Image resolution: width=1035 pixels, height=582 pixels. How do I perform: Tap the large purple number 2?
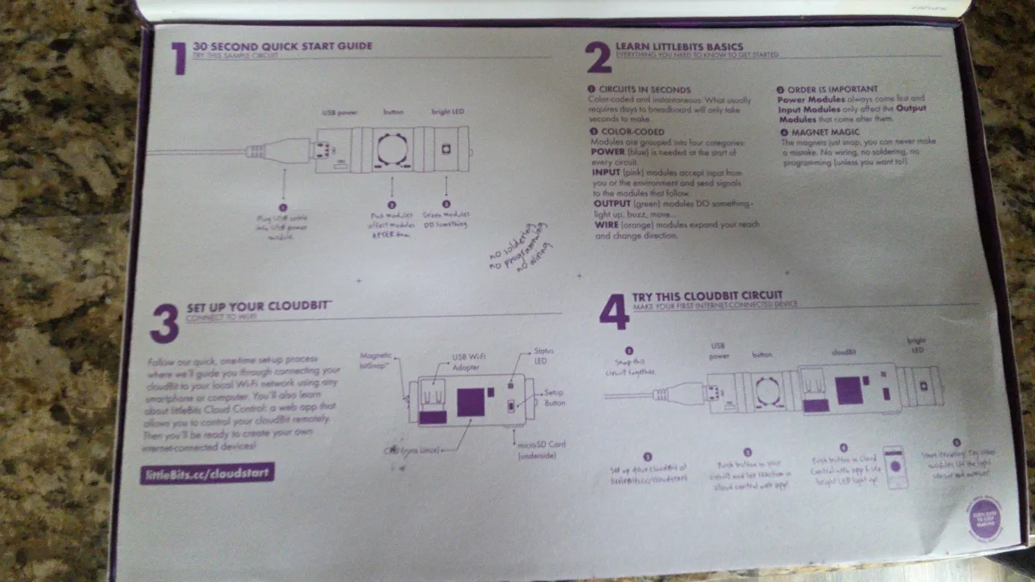(x=598, y=59)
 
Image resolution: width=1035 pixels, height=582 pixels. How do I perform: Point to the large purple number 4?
(x=614, y=312)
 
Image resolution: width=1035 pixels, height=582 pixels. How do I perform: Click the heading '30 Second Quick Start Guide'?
(x=283, y=46)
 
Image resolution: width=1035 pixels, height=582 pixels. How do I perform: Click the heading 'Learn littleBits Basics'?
(x=679, y=47)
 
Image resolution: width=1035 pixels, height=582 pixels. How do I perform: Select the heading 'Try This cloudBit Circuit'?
(x=708, y=296)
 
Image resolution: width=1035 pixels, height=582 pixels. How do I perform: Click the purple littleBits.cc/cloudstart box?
(x=207, y=474)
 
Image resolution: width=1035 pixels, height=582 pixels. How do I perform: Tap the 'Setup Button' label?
(x=554, y=398)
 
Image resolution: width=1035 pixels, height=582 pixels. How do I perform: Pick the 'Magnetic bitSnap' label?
(x=375, y=361)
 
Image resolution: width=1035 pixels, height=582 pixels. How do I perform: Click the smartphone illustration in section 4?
(x=894, y=466)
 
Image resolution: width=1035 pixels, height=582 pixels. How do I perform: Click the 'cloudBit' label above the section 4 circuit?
(x=845, y=352)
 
